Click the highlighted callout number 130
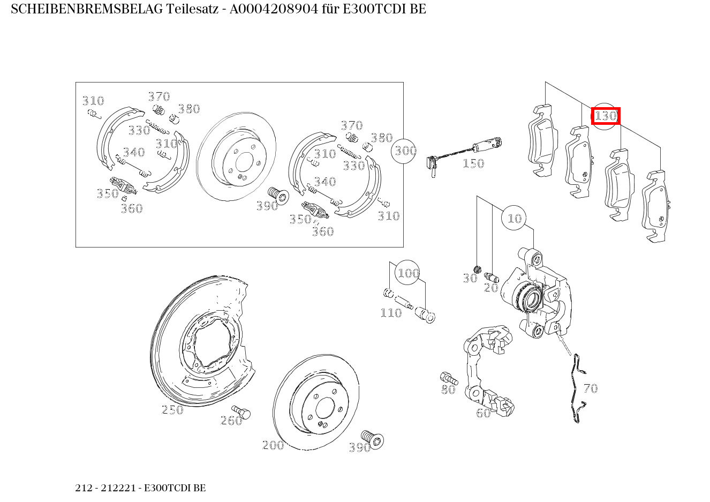point(606,116)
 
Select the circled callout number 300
point(405,151)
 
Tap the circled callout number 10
point(514,218)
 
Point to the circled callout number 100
point(408,273)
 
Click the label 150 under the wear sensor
point(473,163)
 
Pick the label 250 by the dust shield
point(172,410)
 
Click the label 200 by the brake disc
point(273,445)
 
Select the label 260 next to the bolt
point(231,421)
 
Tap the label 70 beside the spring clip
point(590,388)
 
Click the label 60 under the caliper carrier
point(483,413)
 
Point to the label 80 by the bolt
point(448,390)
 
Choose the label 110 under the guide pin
point(391,313)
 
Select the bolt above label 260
point(244,413)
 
